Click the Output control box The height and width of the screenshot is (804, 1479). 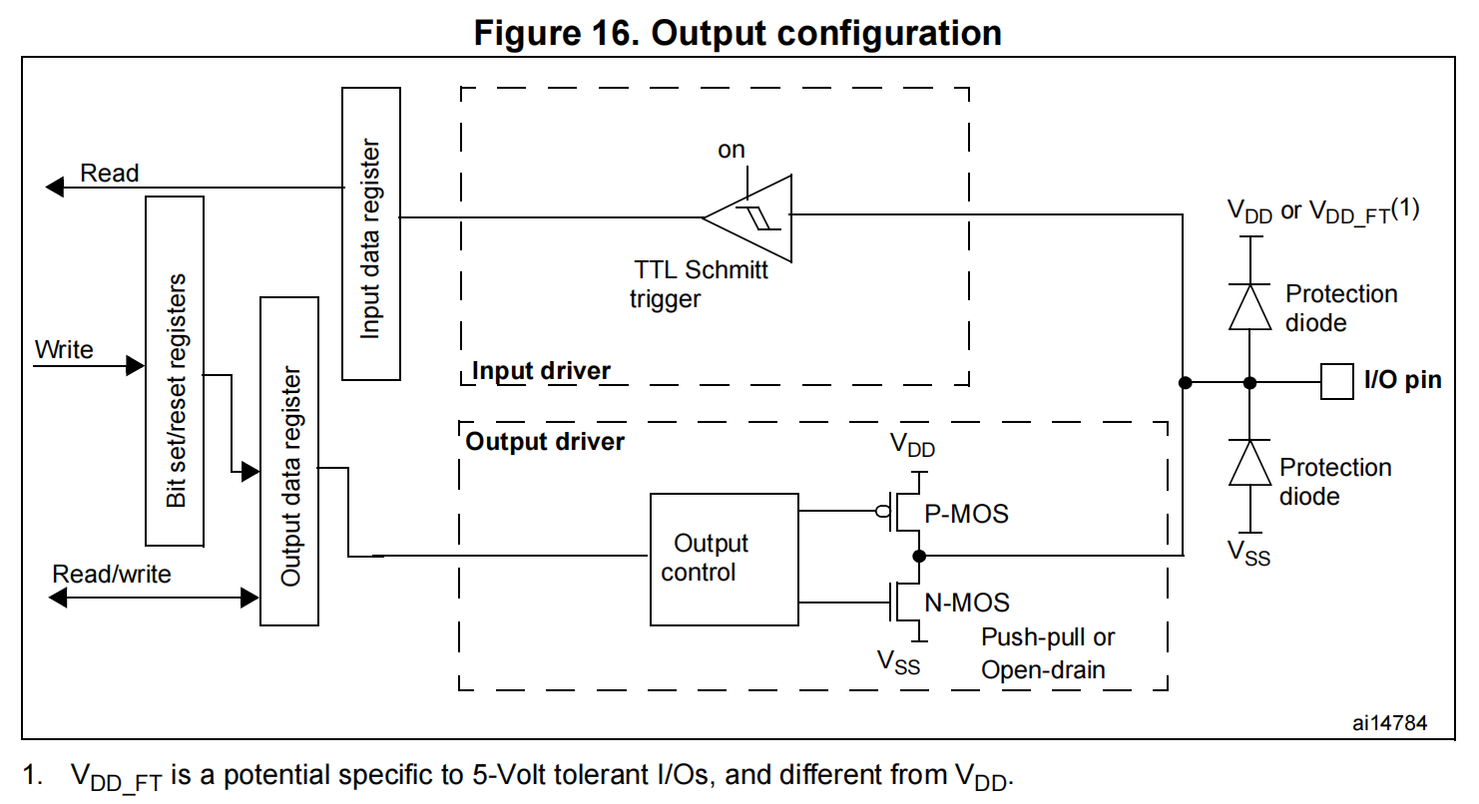pyautogui.click(x=724, y=559)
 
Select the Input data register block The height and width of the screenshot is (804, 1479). pyautogui.click(x=371, y=233)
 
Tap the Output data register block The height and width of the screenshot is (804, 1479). pyautogui.click(x=289, y=461)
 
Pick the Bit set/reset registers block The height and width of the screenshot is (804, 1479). pyautogui.click(x=175, y=371)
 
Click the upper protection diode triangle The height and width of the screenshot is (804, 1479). pyautogui.click(x=1249, y=306)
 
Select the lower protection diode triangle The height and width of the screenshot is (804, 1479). pyautogui.click(x=1249, y=463)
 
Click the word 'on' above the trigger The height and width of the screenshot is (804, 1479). pyautogui.click(x=732, y=150)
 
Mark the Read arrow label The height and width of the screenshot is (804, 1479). pyautogui.click(x=110, y=174)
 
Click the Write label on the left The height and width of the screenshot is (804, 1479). pyautogui.click(x=64, y=350)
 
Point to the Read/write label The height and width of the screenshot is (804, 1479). pyautogui.click(x=112, y=575)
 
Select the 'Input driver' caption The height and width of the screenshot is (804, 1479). pyautogui.click(x=540, y=372)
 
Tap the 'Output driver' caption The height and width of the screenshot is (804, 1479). pyautogui.click(x=545, y=441)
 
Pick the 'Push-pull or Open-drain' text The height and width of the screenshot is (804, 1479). pyautogui.click(x=1047, y=653)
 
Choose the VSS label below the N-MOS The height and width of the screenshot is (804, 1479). pyautogui.click(x=898, y=661)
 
